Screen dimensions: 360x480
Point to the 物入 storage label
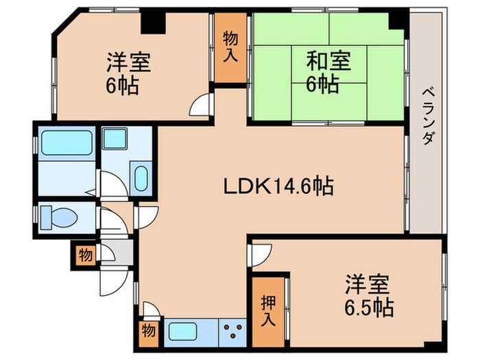tap(231, 46)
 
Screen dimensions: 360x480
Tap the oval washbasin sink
tap(141, 180)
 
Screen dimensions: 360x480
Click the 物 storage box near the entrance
tap(84, 256)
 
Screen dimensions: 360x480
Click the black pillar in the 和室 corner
tap(396, 21)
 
